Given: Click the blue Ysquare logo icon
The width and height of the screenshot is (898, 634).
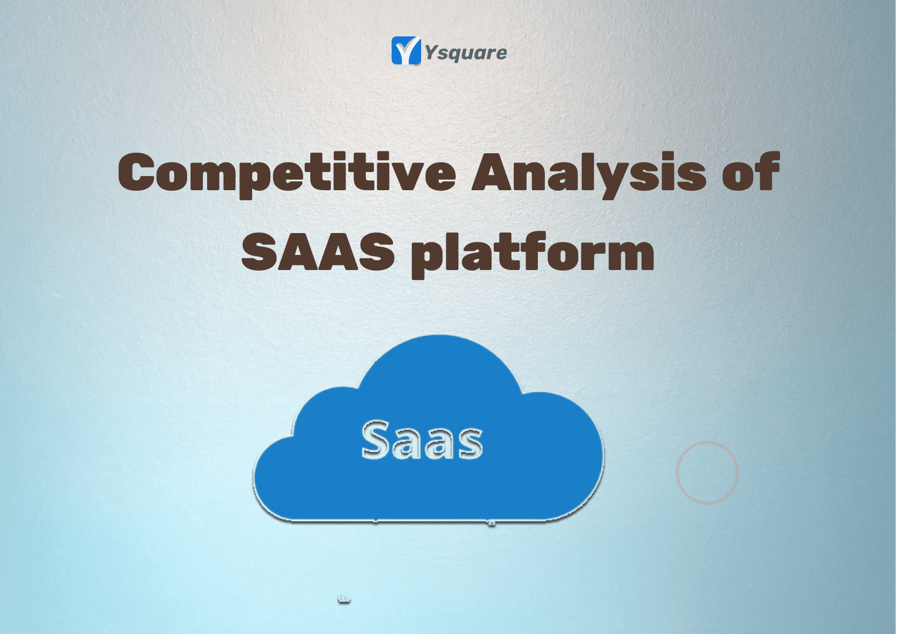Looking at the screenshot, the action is coord(406,50).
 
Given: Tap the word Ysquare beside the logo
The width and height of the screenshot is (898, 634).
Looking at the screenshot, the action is coord(466,53).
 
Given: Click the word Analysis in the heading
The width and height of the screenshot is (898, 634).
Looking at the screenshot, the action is coord(589,174).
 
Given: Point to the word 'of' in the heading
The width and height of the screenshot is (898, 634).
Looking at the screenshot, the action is coord(751,171).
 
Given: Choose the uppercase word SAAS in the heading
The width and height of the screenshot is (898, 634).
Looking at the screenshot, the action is coord(317,251).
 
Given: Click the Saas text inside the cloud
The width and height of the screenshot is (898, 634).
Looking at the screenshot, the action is coord(422,440).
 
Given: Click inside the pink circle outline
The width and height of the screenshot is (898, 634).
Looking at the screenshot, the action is coord(677,472).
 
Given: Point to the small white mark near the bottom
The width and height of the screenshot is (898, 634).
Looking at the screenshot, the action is coord(344,599).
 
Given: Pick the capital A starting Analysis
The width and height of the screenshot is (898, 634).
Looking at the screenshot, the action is coord(492,171).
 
